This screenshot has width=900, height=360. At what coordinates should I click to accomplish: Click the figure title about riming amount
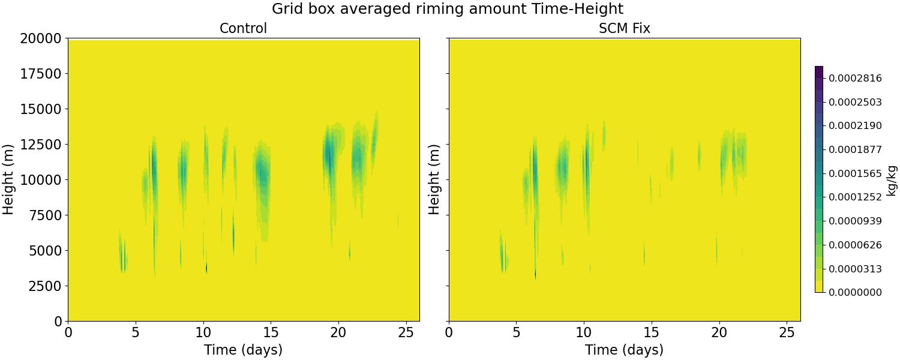(x=448, y=9)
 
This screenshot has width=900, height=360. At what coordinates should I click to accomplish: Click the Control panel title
(x=243, y=28)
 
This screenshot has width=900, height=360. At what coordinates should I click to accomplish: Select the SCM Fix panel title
(x=624, y=28)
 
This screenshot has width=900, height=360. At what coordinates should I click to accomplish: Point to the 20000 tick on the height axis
(x=40, y=38)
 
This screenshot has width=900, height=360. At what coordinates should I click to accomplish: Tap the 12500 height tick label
(x=40, y=145)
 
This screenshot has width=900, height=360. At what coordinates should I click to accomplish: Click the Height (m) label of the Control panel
(x=8, y=179)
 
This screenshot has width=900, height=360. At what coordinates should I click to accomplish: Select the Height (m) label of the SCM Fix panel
(x=435, y=179)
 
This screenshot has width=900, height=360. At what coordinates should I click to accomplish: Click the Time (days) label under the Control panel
(x=243, y=350)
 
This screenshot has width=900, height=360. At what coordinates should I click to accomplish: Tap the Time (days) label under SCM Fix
(x=624, y=350)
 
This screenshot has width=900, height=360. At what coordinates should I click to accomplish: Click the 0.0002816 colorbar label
(x=855, y=78)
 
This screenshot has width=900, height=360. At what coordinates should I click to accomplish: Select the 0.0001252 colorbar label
(x=855, y=197)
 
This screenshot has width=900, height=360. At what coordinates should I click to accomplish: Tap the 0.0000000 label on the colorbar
(x=855, y=292)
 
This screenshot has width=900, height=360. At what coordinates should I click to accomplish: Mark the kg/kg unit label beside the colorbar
(x=892, y=179)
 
